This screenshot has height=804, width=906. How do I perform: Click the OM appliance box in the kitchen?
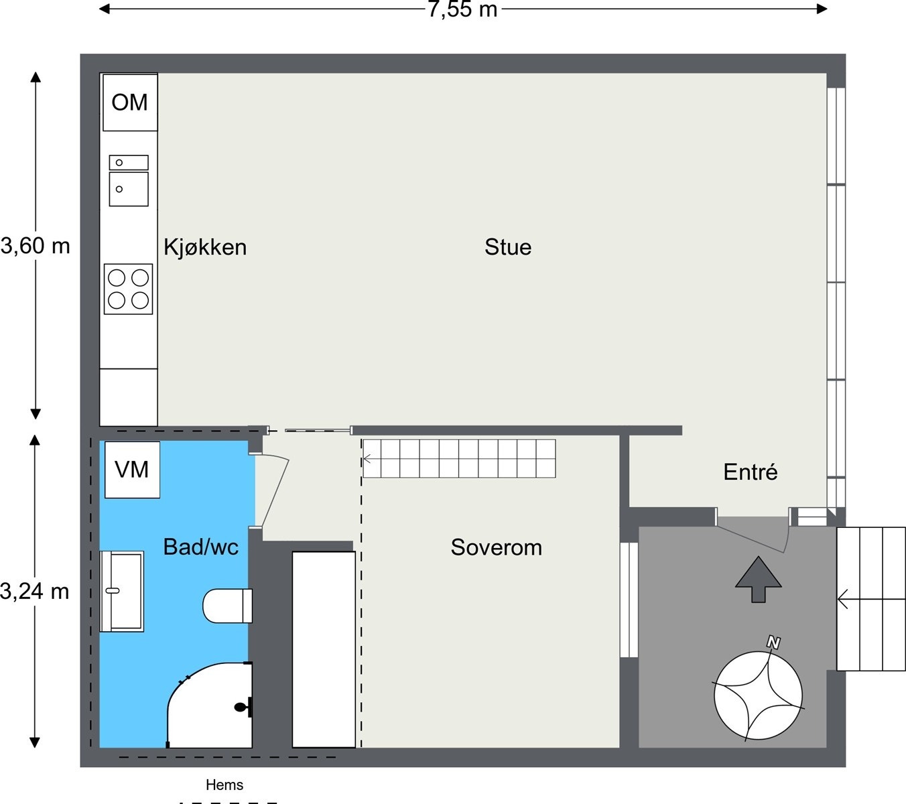click(x=130, y=103)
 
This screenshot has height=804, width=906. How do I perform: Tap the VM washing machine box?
click(x=133, y=470)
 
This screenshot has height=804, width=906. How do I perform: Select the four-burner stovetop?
click(x=129, y=289)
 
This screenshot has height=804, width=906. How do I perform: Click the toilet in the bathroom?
click(x=227, y=606)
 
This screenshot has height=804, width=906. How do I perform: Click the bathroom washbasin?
click(x=122, y=591)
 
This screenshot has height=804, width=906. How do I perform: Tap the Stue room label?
click(x=508, y=247)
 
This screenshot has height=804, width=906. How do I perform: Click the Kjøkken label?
click(x=205, y=247)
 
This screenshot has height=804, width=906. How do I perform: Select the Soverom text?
click(x=497, y=547)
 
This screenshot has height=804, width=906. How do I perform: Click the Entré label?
click(x=751, y=472)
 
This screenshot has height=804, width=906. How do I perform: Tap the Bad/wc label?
click(x=201, y=547)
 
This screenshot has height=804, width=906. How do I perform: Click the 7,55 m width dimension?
click(x=463, y=9)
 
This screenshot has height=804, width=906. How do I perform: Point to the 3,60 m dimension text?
click(x=36, y=246)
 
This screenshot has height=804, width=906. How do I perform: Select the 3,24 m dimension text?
click(x=34, y=592)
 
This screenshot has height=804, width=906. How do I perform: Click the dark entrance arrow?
click(x=759, y=580)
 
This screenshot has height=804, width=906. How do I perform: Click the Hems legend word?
click(x=224, y=785)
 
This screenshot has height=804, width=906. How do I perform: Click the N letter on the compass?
click(x=773, y=643)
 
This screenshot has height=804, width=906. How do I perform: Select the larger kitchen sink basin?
click(x=129, y=189)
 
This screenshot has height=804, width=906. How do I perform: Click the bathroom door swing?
click(x=272, y=490)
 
